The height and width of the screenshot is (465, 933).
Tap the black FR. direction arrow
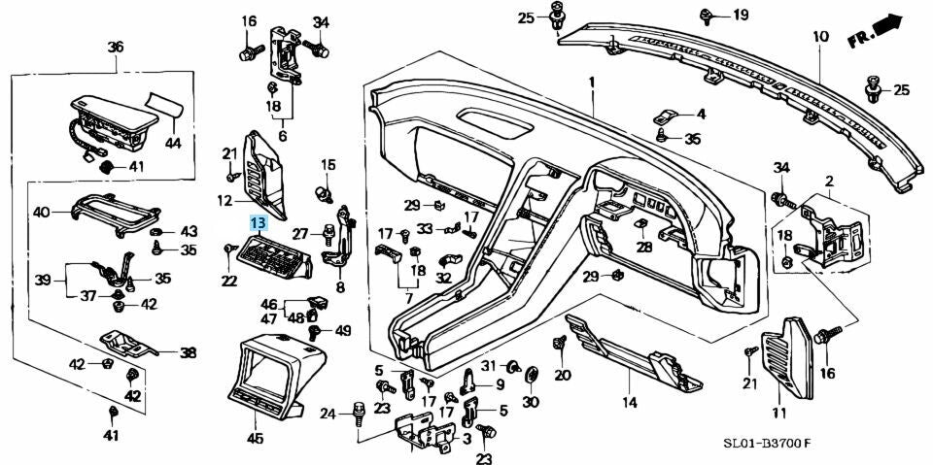coord(885,25)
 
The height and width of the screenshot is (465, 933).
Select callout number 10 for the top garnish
coord(820,37)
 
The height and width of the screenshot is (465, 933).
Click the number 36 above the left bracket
coord(116,47)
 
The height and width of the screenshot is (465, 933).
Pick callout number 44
coord(172,142)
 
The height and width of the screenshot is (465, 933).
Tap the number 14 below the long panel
coord(629,400)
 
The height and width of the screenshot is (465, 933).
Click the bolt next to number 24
coord(359,413)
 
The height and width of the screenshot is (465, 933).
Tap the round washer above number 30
coord(531,375)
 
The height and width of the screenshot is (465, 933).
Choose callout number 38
coord(188,353)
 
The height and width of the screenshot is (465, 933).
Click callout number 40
coord(41,212)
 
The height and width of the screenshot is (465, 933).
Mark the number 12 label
coord(223,201)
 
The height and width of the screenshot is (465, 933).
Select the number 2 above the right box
coord(829,181)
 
